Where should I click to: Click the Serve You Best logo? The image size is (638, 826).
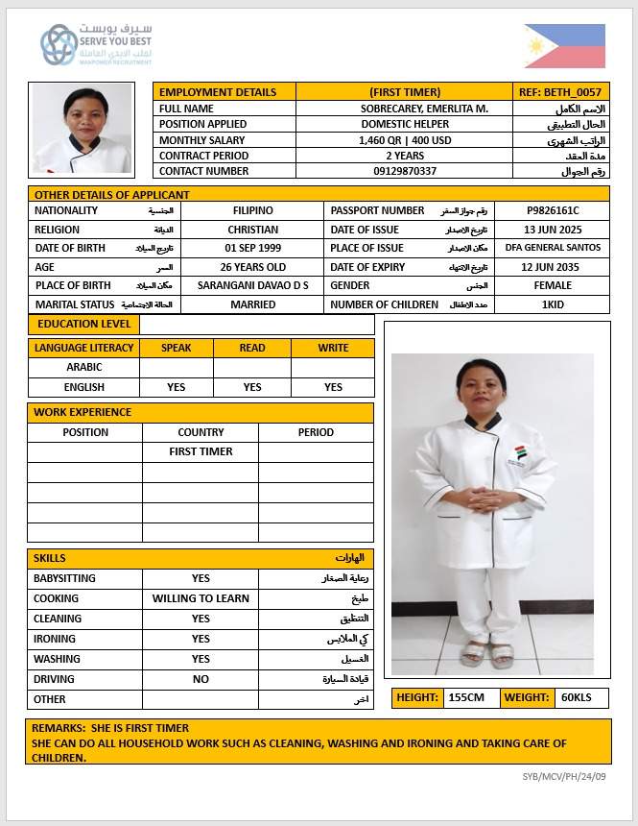[x=95, y=44]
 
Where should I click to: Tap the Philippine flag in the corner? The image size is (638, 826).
[x=565, y=46]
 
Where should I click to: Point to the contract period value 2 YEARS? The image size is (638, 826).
[x=404, y=156]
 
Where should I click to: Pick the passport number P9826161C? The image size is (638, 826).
[x=552, y=210]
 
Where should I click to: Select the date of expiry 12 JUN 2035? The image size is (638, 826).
[x=552, y=267]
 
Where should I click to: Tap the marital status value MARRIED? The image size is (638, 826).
[x=253, y=304]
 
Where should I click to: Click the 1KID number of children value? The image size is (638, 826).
[x=552, y=304]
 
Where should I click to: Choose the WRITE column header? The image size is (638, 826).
[x=333, y=348]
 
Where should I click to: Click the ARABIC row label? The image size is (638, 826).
[x=83, y=367]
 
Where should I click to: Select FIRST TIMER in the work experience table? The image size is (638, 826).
[x=201, y=451]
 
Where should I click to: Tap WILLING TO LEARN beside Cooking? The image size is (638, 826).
[x=201, y=598]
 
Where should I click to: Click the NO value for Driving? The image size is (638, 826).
[x=201, y=679]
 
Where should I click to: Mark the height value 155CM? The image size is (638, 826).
[x=466, y=698]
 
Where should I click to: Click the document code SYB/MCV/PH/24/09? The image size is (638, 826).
[x=564, y=776]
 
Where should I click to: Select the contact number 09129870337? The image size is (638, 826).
[x=404, y=171]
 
